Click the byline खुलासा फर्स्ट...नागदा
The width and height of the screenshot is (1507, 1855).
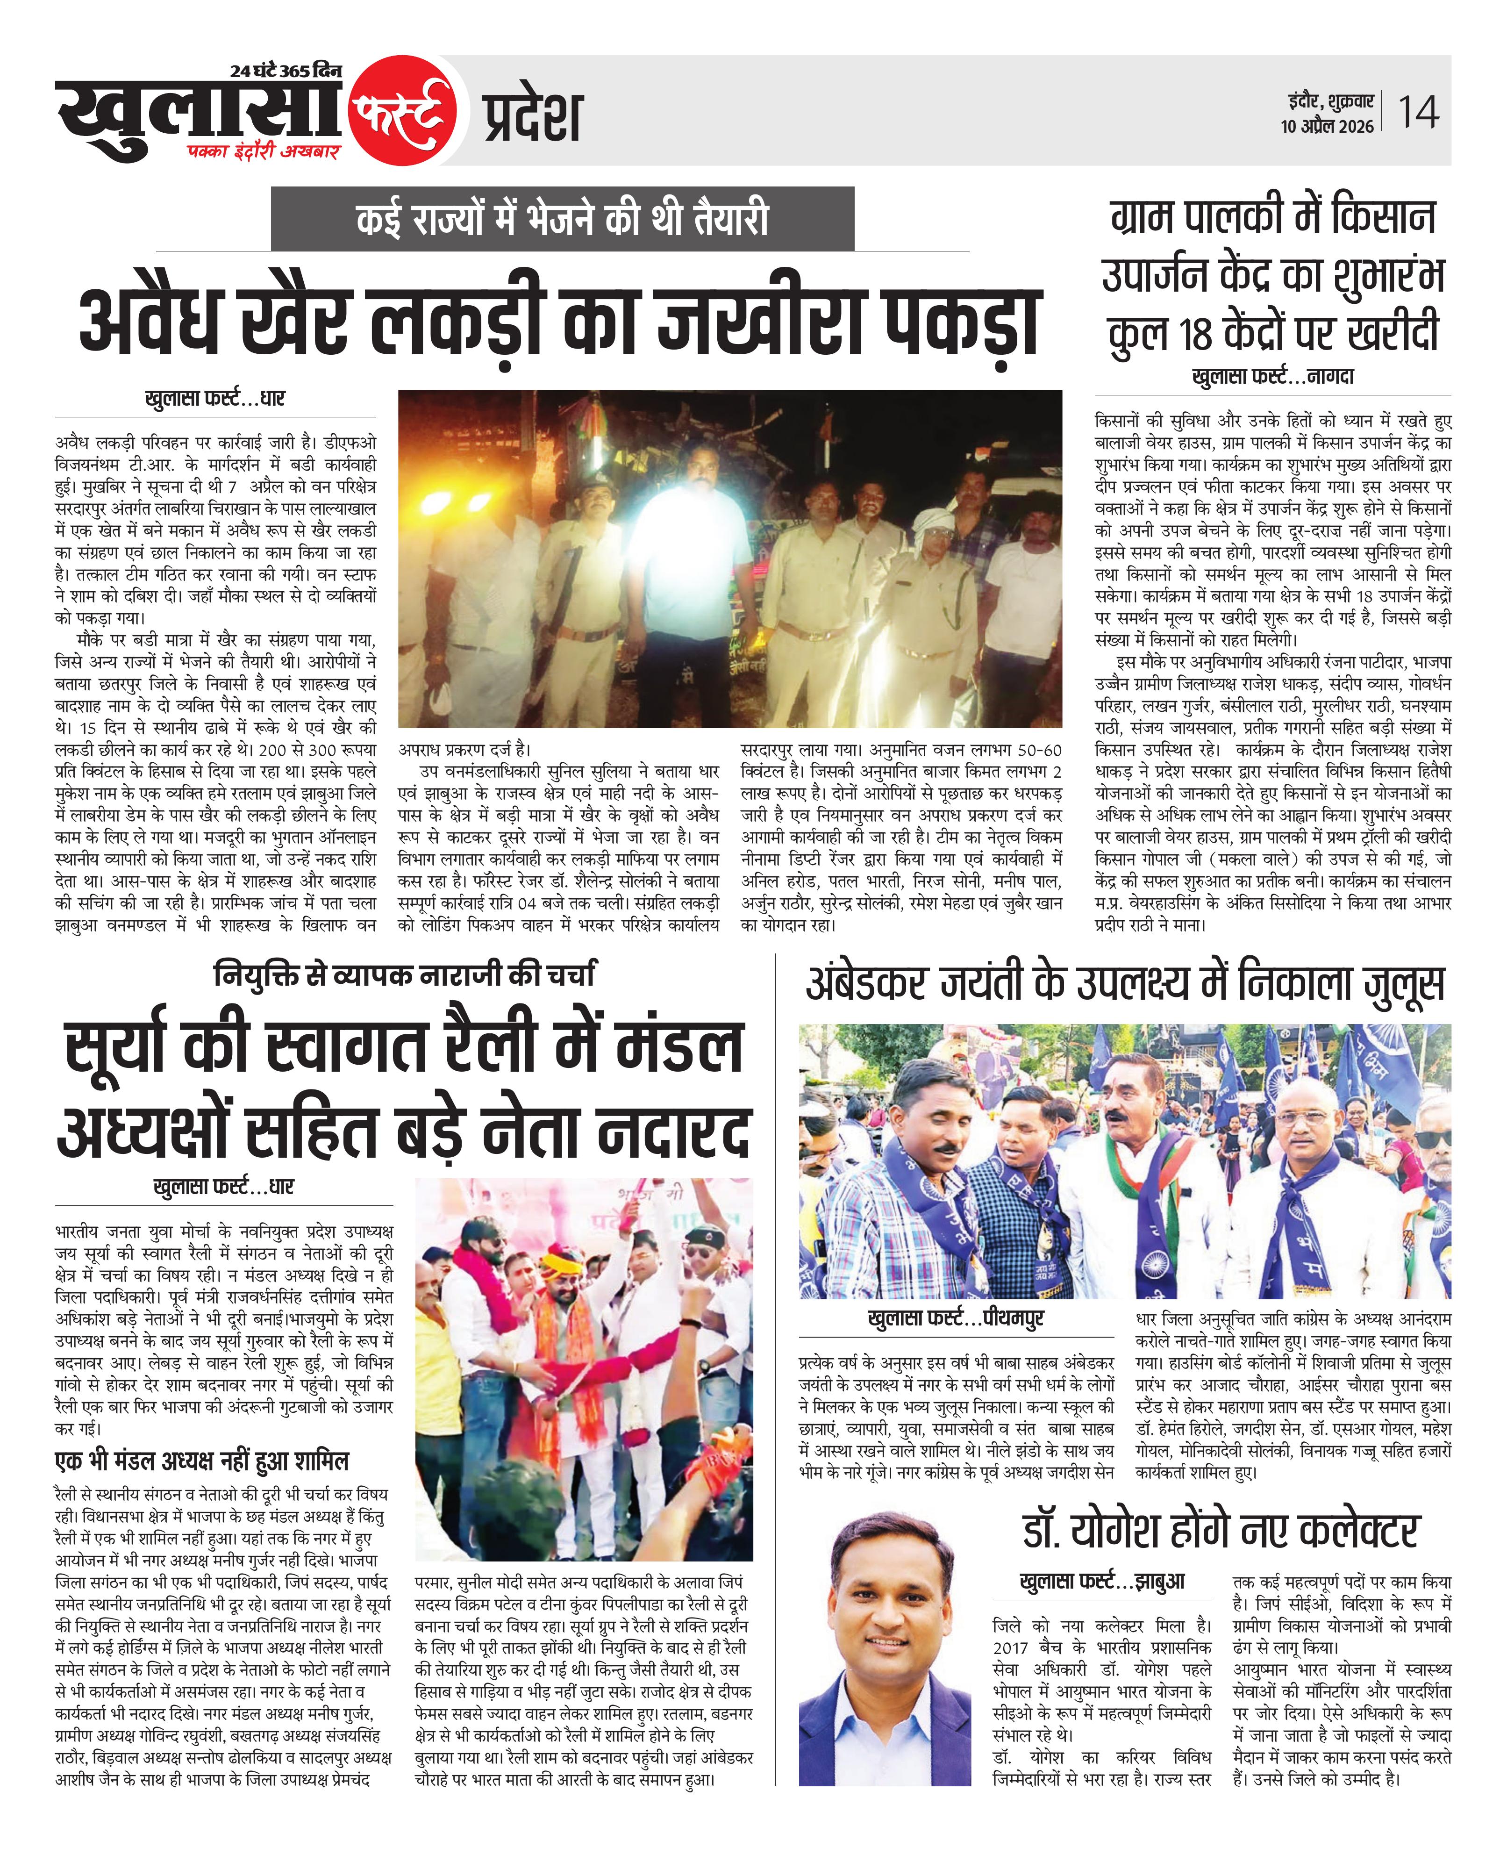tap(1272, 377)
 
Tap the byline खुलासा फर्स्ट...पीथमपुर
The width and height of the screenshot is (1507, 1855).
tap(955, 1318)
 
